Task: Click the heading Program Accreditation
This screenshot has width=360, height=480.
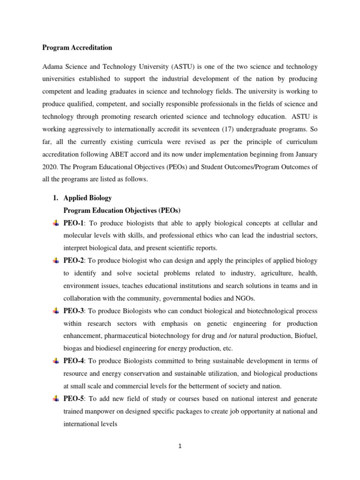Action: coord(77,47)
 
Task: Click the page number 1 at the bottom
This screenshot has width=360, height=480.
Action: coord(180,446)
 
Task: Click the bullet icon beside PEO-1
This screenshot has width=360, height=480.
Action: coord(56,223)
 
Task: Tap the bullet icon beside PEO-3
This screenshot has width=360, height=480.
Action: coord(56,311)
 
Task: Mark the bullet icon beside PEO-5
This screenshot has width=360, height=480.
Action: coord(56,398)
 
